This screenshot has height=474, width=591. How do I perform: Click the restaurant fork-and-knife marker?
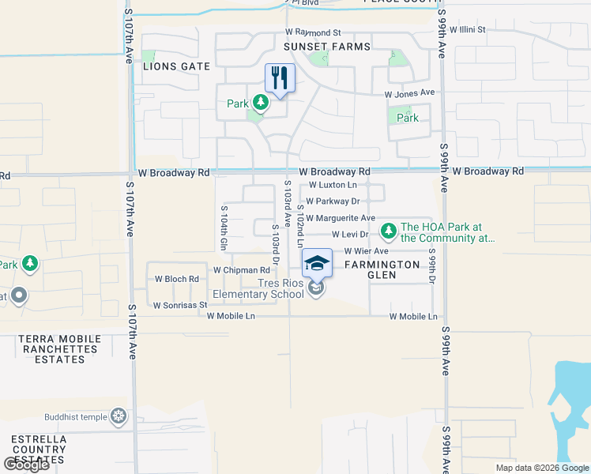click(280, 78)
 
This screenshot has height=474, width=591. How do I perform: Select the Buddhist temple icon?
click(119, 416)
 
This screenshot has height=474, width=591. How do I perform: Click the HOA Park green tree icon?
click(388, 231)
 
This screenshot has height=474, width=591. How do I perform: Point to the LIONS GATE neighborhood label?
click(176, 66)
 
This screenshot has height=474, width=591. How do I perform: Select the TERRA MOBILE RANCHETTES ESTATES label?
click(59, 348)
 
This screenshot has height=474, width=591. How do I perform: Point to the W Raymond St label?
click(313, 33)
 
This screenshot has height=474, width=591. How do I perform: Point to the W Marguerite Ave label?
click(340, 218)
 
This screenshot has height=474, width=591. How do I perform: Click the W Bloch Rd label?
click(176, 279)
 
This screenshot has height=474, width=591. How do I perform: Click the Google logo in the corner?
click(26, 465)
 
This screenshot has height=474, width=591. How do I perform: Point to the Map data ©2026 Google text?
click(542, 468)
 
